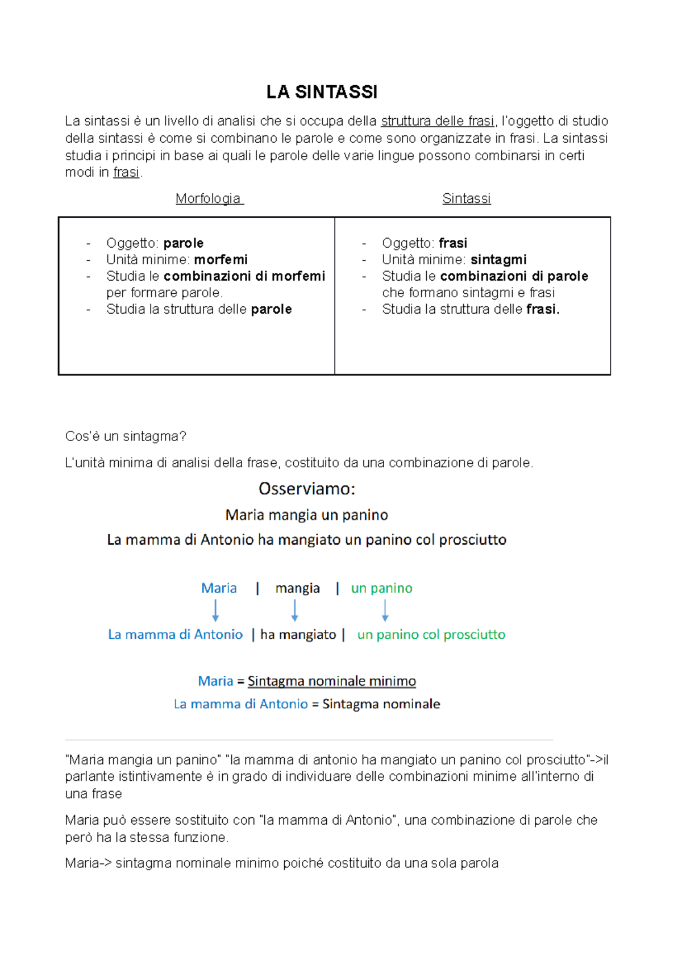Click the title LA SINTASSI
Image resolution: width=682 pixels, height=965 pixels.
322,92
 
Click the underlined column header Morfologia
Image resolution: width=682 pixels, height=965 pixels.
209,198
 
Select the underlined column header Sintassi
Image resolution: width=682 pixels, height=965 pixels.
466,198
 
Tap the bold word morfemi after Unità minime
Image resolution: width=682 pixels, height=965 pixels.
221,260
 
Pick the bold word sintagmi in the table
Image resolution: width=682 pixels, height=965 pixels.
498,260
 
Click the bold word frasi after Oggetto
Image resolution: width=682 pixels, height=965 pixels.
453,243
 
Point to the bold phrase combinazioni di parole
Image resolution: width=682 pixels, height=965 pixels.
514,276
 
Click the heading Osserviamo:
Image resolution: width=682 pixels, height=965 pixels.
307,489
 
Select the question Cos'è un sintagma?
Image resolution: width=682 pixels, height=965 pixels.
126,436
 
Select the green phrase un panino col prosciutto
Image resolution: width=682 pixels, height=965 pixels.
431,635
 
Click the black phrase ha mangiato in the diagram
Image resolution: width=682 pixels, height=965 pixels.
298,635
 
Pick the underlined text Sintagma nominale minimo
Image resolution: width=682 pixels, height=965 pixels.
331,681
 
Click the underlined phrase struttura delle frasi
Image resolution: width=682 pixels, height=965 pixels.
437,121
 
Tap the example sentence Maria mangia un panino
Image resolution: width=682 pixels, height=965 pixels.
307,515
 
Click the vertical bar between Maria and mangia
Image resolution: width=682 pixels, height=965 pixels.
257,588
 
